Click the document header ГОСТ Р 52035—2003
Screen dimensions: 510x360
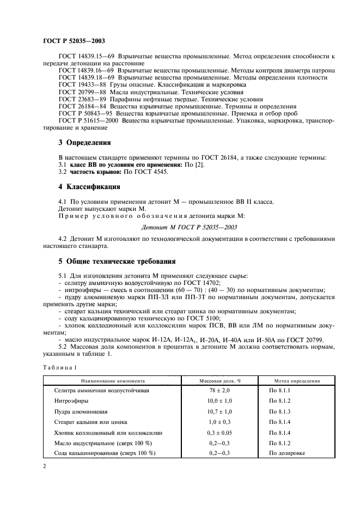pos(74,41)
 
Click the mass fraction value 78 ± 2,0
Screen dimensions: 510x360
pos(220,391)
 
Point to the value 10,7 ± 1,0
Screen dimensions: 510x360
pos(220,411)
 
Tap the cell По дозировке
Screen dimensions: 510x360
pos(287,453)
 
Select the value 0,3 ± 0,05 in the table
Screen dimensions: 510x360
pos(220,432)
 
